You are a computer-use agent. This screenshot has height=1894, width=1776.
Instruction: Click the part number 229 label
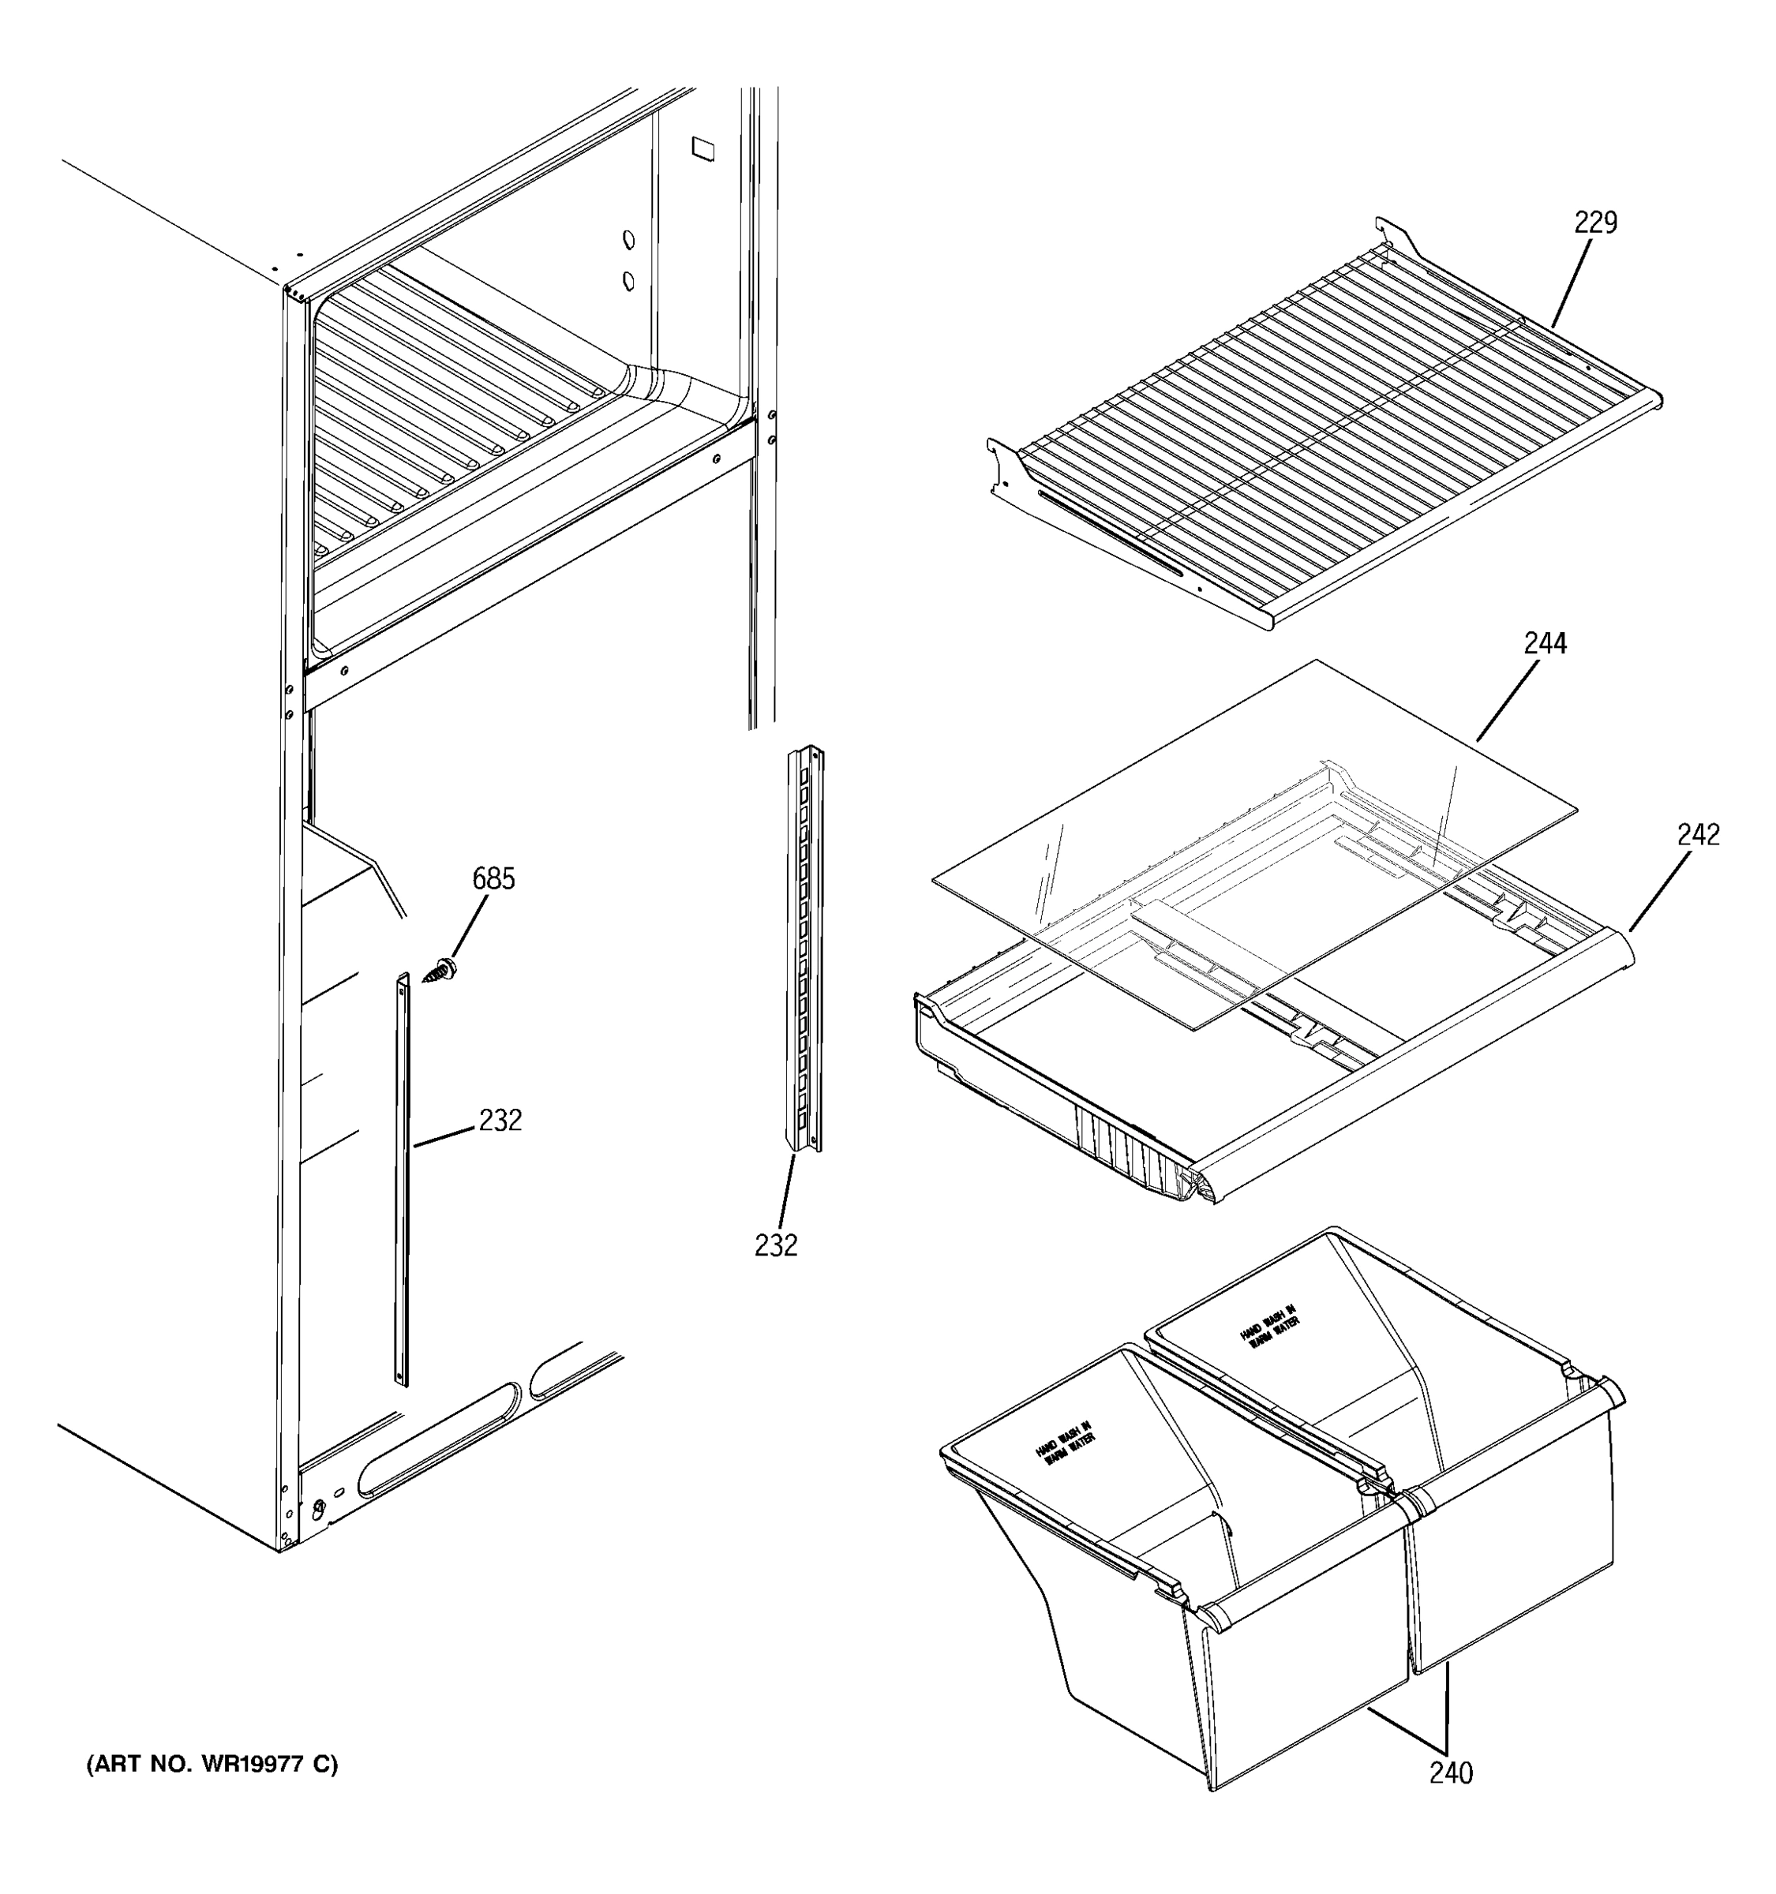point(1595,222)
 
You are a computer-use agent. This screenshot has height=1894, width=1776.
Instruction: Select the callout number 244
point(1545,644)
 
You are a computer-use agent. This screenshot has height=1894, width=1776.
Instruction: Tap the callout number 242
point(1698,835)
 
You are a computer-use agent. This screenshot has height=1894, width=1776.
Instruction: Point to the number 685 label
point(493,878)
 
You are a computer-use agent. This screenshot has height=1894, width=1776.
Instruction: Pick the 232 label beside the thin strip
point(500,1121)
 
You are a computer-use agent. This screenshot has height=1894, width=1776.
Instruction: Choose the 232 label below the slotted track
point(776,1245)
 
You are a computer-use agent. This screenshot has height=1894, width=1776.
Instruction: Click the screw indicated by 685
point(441,973)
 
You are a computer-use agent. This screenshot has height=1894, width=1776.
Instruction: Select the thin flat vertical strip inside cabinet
point(402,1181)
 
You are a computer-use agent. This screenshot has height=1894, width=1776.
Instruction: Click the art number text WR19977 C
point(212,1765)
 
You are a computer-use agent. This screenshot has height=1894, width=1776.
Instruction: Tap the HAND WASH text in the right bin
point(1269,1325)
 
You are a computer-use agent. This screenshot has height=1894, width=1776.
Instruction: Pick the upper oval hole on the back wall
point(628,239)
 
